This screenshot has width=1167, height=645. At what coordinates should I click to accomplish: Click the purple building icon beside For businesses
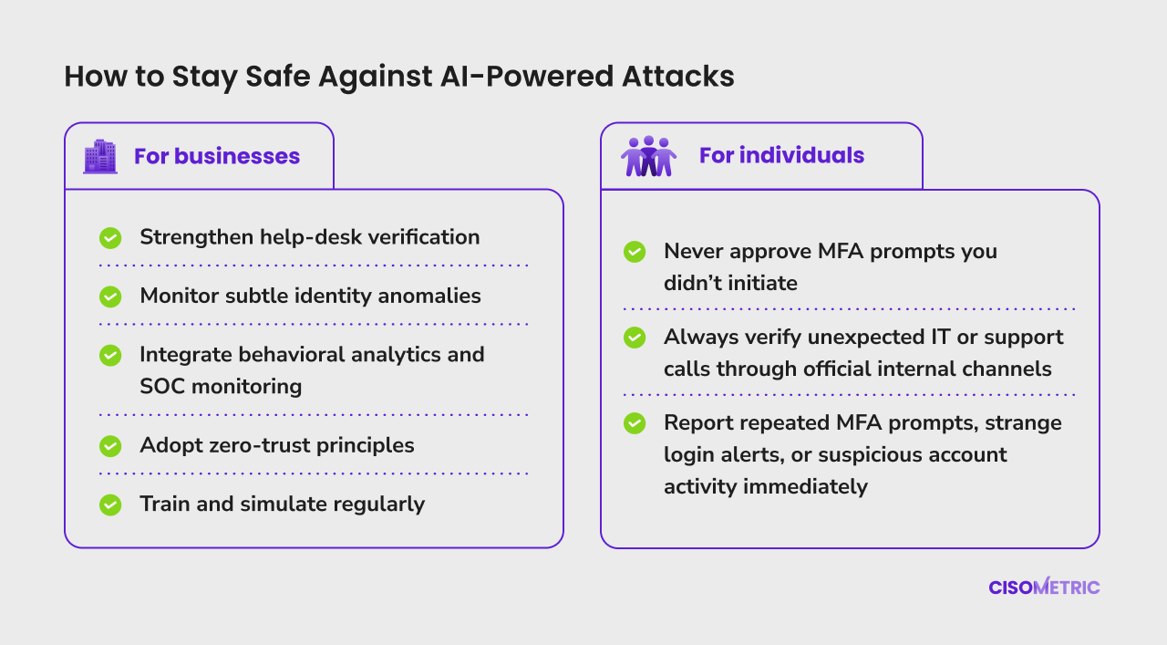click(100, 156)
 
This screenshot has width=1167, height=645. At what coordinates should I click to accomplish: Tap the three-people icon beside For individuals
click(648, 156)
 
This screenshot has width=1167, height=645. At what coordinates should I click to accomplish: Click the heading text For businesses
click(217, 156)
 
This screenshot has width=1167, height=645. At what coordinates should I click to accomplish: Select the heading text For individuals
click(781, 155)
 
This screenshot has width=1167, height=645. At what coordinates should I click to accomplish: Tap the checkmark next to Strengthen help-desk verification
click(110, 238)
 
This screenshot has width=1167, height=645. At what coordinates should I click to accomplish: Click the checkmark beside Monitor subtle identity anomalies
click(110, 296)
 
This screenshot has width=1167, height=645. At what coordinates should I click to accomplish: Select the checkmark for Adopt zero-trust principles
click(110, 446)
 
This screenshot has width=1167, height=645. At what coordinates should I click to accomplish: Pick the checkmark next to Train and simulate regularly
click(110, 505)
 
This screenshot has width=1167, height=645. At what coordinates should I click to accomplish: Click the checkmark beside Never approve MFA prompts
click(635, 252)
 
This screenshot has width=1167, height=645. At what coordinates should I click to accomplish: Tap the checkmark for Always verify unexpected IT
click(635, 338)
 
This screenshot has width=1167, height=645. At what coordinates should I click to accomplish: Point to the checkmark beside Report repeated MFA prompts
click(635, 423)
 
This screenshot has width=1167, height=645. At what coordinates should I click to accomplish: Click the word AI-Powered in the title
click(527, 76)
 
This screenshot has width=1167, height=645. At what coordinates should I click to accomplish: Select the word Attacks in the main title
click(677, 76)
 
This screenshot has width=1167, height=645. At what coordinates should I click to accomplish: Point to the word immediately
click(805, 487)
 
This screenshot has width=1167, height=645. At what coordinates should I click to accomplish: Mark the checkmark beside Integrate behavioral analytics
click(110, 356)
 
